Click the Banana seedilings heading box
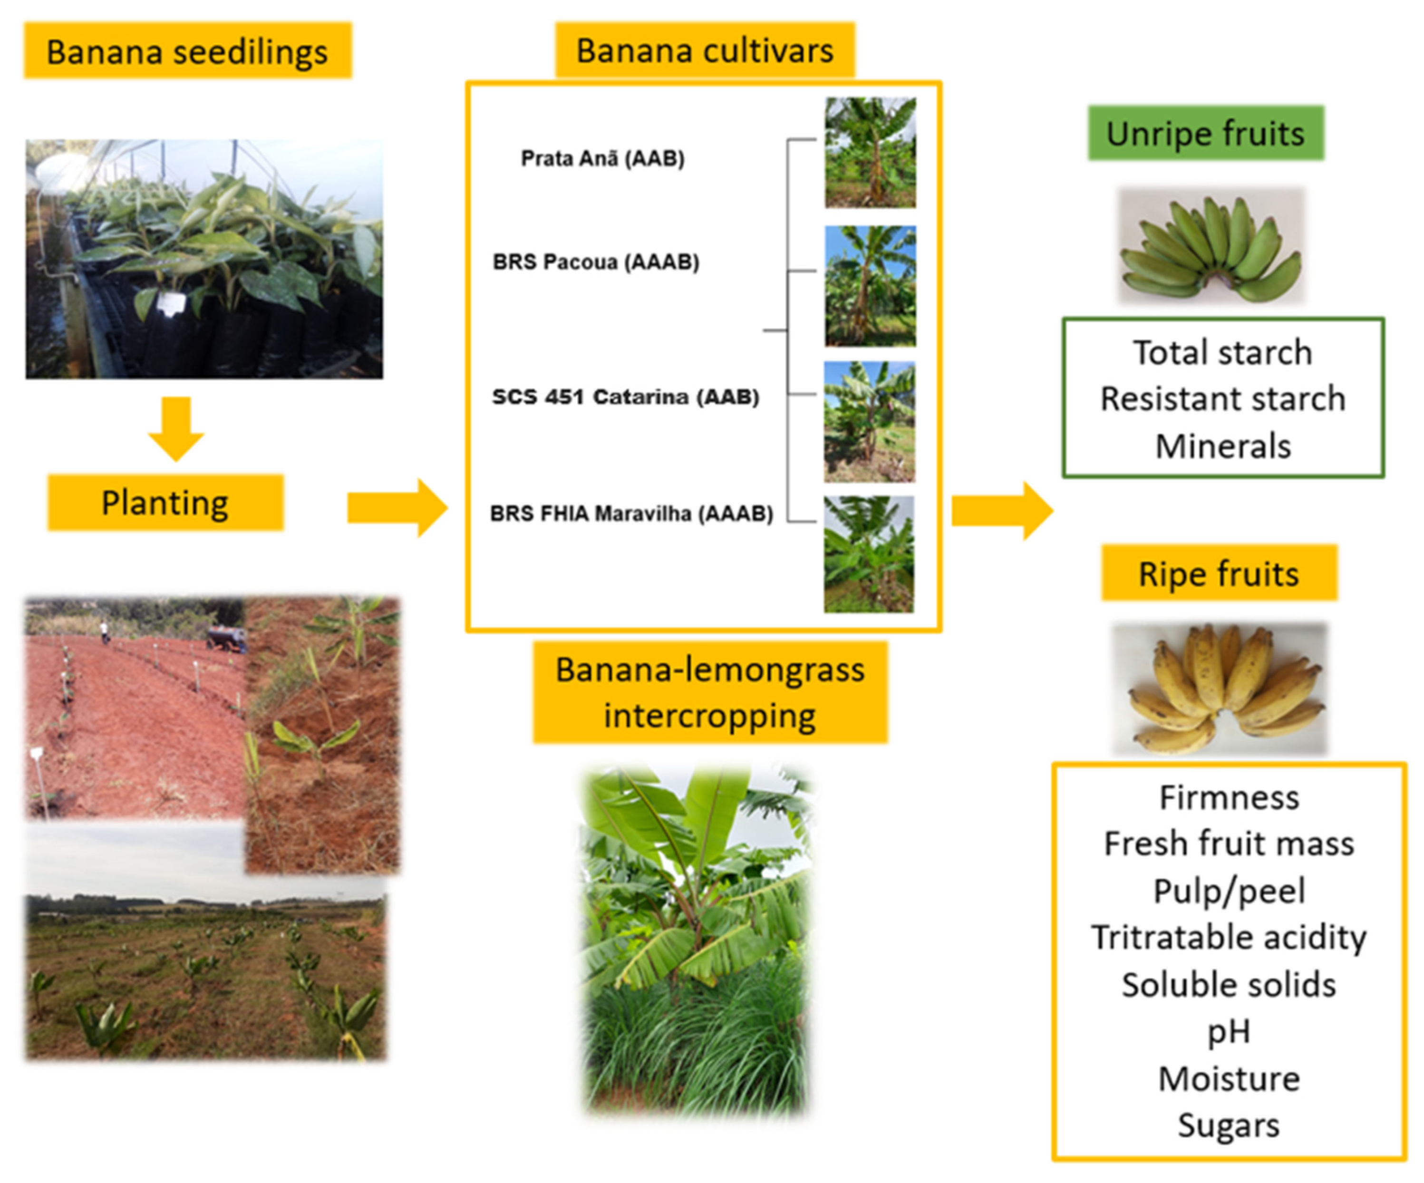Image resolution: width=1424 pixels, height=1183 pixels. pos(188,51)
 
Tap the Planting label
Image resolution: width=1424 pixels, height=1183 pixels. pos(165,503)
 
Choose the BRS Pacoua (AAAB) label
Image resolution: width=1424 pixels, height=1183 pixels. pos(595,262)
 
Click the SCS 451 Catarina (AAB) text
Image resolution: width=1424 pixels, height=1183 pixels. pos(625,397)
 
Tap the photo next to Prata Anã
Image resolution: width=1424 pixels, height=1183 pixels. pos(870,153)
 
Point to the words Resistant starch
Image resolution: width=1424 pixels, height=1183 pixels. pos(1222,398)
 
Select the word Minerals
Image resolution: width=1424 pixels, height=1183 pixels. pos(1222,446)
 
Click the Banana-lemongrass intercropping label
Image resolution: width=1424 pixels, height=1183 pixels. pos(710,692)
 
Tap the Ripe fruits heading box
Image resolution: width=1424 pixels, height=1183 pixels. pos(1219,573)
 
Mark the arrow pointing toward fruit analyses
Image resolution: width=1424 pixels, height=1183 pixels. pos(1002,511)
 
